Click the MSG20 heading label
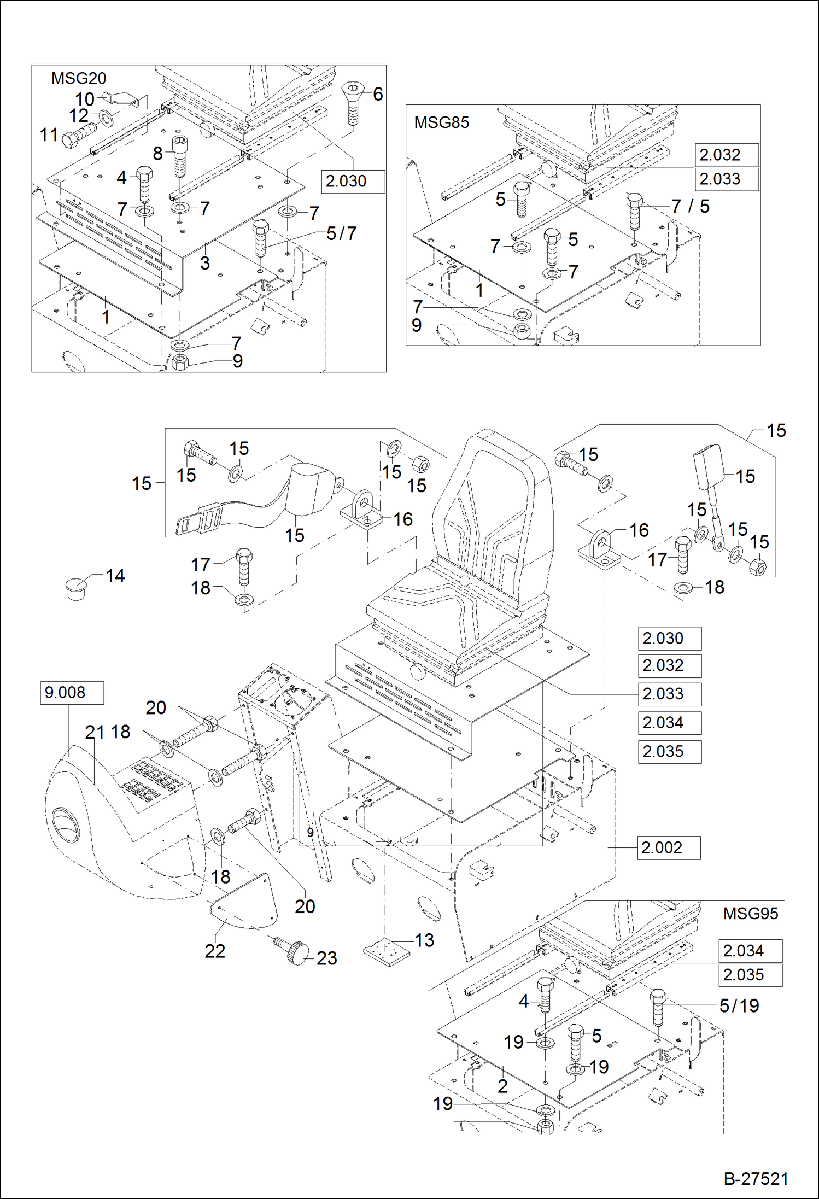point(79,78)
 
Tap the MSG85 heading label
point(441,122)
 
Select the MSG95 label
point(750,914)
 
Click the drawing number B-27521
point(756,1179)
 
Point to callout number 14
point(115,576)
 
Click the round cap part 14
point(76,588)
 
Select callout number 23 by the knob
point(326,958)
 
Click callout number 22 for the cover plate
point(215,951)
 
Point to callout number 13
point(424,940)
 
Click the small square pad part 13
point(387,952)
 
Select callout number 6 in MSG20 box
point(378,94)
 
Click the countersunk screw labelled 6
point(353,102)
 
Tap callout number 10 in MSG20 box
point(85,100)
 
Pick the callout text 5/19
point(739,1005)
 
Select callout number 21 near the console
point(94,732)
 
